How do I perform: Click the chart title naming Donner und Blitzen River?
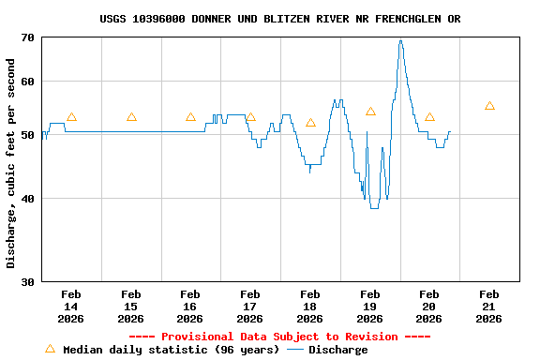[x=279, y=19]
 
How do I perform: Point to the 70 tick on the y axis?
[x=25, y=37]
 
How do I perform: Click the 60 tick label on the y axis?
[x=25, y=82]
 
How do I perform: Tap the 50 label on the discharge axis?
[x=25, y=135]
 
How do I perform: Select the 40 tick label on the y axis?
[x=25, y=199]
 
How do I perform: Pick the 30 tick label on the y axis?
[x=25, y=281]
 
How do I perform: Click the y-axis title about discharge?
[x=11, y=163]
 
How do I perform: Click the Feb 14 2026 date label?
[x=71, y=307]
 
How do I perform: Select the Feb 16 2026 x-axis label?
[x=190, y=307]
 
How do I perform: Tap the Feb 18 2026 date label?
[x=310, y=307]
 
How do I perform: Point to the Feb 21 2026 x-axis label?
[x=489, y=307]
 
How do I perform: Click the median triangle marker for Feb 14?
[x=71, y=117]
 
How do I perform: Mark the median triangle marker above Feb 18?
[x=310, y=123]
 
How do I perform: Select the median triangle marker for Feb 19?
[x=370, y=112]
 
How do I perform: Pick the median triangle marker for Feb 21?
[x=489, y=106]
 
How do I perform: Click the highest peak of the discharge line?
[x=400, y=40]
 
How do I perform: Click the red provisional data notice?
[x=279, y=337]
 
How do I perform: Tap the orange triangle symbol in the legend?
[x=50, y=349]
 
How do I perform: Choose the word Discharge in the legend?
[x=338, y=350]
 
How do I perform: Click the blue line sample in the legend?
[x=295, y=350]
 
